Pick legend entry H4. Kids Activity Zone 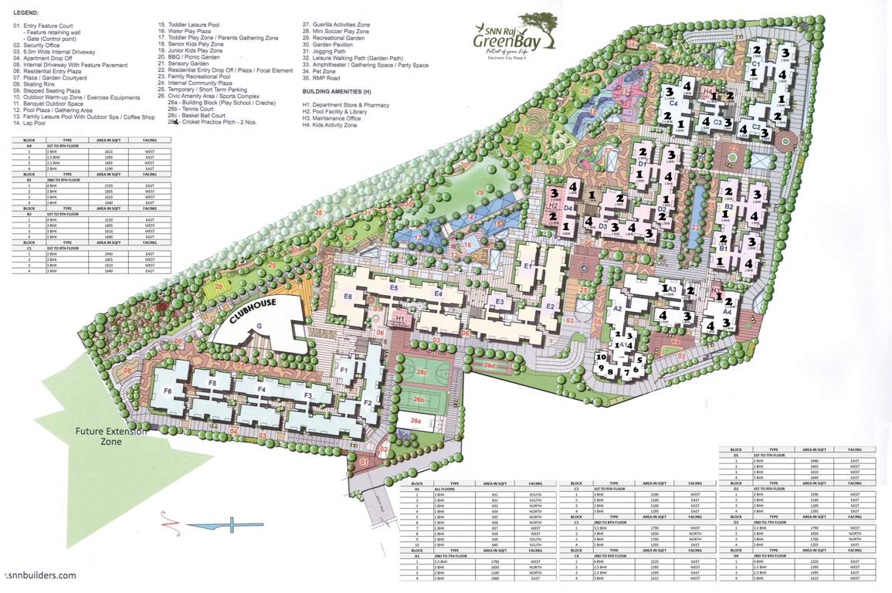tap(330, 124)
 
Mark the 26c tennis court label tap(422, 372)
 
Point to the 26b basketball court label tap(419, 399)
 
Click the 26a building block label tap(415, 422)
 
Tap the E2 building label tap(551, 307)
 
